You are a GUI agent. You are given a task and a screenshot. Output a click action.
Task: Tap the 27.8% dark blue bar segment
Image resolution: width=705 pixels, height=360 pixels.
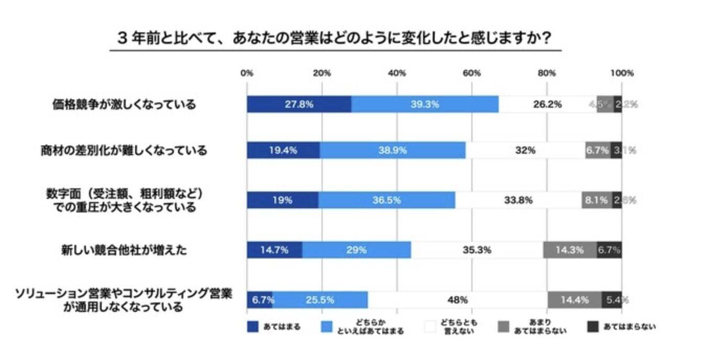tap(299, 104)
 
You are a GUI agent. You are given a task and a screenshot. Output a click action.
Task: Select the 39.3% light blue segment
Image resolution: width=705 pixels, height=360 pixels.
tap(425, 104)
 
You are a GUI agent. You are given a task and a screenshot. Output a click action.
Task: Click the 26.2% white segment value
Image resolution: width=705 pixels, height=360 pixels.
tap(547, 104)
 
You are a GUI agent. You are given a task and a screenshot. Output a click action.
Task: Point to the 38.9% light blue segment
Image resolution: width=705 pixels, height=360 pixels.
tap(392, 151)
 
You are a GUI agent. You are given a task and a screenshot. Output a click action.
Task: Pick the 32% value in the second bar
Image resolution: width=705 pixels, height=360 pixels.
tap(525, 151)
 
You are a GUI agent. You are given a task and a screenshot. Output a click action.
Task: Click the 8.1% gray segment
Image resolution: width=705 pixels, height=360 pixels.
tap(596, 200)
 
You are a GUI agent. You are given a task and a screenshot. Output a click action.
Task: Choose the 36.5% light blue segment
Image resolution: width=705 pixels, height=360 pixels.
tap(387, 200)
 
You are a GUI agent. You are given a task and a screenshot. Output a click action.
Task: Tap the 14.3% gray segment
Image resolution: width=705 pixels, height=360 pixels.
tap(570, 250)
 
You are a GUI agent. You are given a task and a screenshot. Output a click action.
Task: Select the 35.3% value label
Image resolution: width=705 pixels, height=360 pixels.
tap(477, 250)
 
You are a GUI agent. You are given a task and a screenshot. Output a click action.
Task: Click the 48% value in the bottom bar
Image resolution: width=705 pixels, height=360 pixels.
tap(457, 300)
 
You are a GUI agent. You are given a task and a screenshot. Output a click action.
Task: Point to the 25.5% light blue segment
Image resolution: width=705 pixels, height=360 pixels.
tap(320, 300)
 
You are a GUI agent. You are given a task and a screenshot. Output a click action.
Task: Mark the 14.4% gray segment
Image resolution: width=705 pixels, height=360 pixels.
tap(575, 300)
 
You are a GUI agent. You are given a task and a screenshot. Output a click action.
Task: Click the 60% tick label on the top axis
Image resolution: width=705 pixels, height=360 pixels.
tap(472, 73)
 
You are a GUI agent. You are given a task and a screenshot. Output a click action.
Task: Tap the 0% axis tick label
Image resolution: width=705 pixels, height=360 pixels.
tap(247, 73)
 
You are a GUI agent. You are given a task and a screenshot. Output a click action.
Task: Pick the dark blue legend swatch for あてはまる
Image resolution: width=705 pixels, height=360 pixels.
tap(254, 327)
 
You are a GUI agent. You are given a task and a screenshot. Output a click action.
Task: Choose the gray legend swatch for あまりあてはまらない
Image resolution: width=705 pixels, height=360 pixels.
tap(503, 327)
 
